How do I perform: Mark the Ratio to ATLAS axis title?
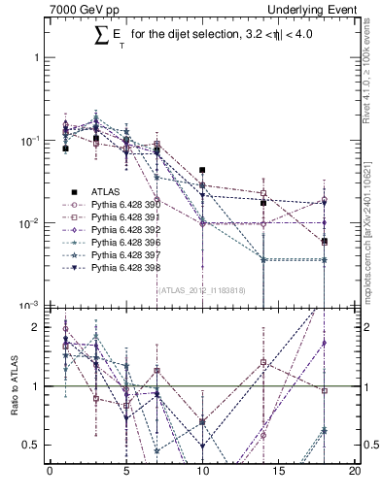pyautogui.click(x=13, y=386)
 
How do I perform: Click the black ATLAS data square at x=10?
pyautogui.click(x=202, y=170)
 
